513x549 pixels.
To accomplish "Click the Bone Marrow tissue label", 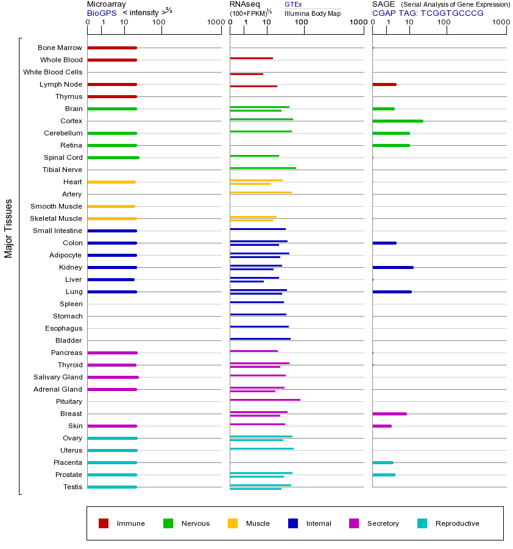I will pos(60,48).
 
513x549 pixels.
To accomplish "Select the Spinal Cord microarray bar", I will pos(113,157).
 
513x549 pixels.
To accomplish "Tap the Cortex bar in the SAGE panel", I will pos(397,121).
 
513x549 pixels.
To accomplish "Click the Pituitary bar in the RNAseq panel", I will pos(265,400).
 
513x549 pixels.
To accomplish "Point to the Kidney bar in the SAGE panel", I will pos(393,267).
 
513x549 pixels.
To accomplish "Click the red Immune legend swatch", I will pos(104,523).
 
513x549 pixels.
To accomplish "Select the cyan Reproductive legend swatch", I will pos(422,523).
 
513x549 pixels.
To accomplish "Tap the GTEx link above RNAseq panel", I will pos(293,4).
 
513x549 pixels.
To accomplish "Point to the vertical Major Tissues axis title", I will pos(9,228).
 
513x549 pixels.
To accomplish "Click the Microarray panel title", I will pos(107,4).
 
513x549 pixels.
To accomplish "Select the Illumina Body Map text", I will pos(313,13).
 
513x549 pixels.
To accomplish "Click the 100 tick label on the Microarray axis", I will pos(158,23).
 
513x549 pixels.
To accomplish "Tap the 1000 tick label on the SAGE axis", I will pos(500,23).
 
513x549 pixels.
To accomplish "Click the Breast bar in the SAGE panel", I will pos(389,414).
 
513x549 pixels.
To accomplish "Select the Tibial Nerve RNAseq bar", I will pos(263,168).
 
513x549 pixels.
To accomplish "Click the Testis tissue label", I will pos(73,487).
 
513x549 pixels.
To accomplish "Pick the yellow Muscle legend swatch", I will pos(233,523).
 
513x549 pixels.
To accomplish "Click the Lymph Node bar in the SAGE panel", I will pos(384,84).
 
